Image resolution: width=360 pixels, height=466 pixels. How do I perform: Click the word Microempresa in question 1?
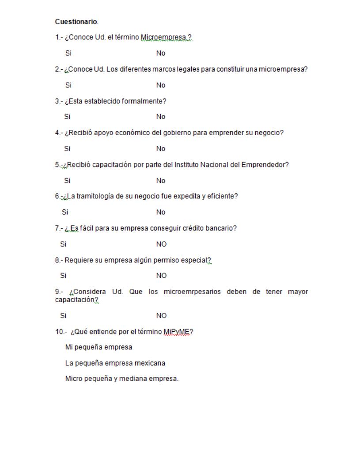coord(163,38)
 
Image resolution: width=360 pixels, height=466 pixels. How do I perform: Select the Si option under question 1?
coord(68,53)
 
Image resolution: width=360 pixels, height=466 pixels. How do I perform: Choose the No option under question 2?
coord(161,85)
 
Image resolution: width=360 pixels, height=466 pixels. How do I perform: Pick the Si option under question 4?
coord(67,149)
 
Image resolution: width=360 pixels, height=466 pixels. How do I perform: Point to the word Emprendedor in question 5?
coord(265,165)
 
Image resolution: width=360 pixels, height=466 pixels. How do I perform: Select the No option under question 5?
coord(161,181)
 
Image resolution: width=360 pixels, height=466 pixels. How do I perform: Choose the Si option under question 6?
coord(65,212)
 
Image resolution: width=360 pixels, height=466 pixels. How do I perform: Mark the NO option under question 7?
coord(161,244)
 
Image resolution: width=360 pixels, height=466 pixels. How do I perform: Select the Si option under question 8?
coord(63,276)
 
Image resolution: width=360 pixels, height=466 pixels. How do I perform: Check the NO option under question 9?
coord(161,316)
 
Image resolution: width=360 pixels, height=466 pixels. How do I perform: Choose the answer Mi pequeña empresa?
coord(99,347)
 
